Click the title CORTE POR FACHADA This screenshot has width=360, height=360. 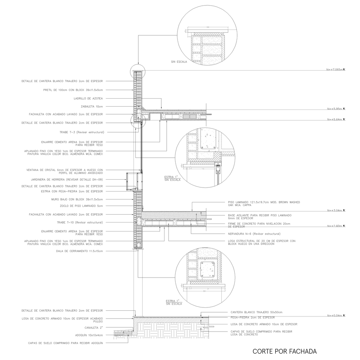tap(284, 351)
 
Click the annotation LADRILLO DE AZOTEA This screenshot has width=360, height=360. tap(89, 98)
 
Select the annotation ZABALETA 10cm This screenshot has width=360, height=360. tap(92, 106)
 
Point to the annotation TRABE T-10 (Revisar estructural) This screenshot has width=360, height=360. tap(80, 222)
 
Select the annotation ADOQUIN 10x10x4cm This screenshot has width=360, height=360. tap(89, 335)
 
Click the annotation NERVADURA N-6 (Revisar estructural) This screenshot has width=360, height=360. tap(254, 234)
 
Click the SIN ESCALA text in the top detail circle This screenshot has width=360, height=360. tap(179, 62)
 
